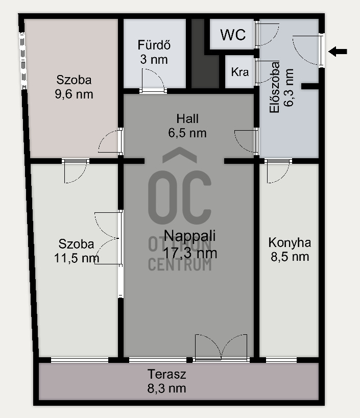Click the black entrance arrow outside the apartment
(338, 52)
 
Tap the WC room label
(233, 35)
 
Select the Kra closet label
(239, 72)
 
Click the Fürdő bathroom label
(154, 45)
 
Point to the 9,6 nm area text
(74, 94)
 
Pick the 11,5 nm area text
(77, 258)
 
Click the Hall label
(187, 118)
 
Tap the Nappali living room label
(190, 236)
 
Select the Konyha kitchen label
(290, 243)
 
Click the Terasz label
(166, 374)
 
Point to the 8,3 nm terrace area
(166, 388)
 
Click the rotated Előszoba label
(274, 87)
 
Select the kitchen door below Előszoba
(278, 171)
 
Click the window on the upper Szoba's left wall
(23, 61)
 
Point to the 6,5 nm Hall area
(187, 133)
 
